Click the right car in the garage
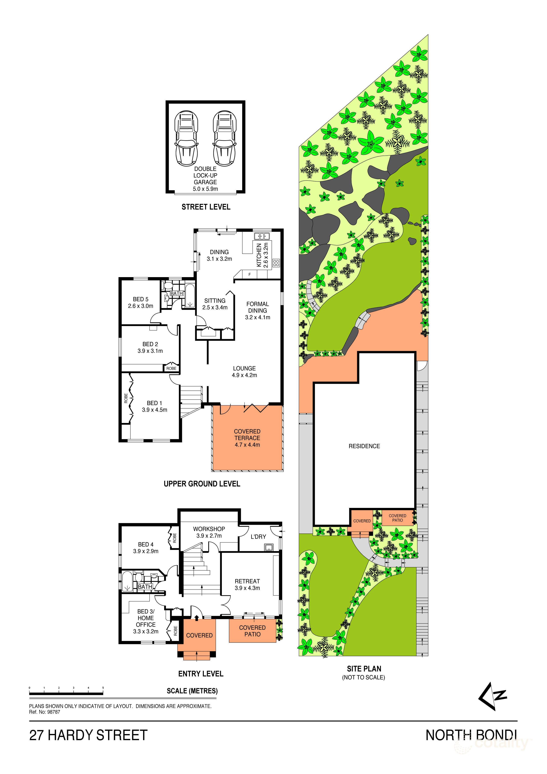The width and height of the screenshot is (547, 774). click(225, 139)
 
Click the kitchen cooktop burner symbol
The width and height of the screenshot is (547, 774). click(276, 263)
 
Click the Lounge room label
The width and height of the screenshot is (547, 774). click(244, 368)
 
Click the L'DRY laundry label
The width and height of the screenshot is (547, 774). click(259, 537)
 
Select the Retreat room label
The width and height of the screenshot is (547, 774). click(247, 581)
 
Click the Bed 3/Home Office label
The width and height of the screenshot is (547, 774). click(146, 618)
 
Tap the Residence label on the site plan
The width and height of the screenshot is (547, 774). click(364, 446)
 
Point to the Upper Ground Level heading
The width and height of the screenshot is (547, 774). click(202, 484)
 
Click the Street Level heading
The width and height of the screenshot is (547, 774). click(206, 207)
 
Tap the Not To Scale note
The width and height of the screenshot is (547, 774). click(364, 677)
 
